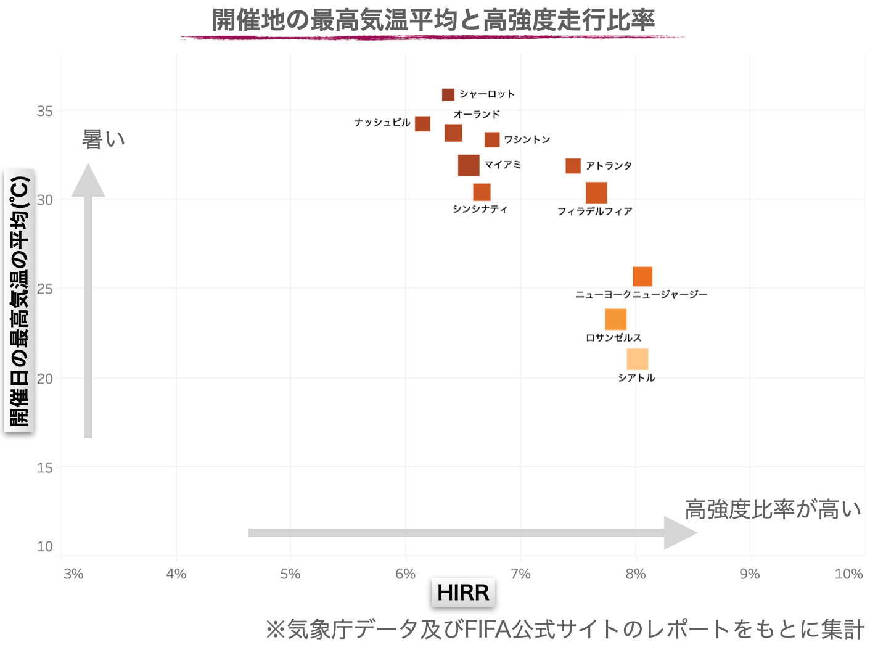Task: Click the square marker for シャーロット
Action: click(448, 94)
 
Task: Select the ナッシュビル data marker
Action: click(422, 123)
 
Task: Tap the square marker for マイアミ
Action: click(469, 165)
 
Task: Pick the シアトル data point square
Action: click(638, 359)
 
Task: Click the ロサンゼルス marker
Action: click(615, 319)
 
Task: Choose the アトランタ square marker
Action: click(573, 166)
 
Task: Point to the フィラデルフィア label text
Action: click(595, 212)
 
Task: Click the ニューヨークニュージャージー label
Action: click(641, 295)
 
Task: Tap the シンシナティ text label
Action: click(480, 210)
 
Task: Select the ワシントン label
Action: click(527, 140)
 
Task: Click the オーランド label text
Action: click(477, 114)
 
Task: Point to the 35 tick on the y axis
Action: click(45, 112)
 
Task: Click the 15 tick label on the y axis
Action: click(45, 468)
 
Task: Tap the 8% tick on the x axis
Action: click(636, 574)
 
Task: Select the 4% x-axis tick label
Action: click(176, 574)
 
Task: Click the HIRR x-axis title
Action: click(463, 593)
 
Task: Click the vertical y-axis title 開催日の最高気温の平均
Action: click(20, 301)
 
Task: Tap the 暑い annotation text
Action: click(104, 139)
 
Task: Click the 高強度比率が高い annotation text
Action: click(773, 509)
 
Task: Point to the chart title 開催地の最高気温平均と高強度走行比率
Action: click(433, 20)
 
